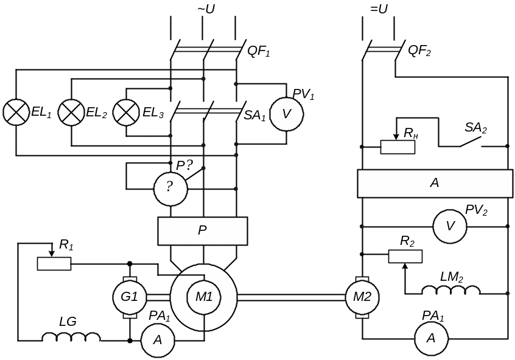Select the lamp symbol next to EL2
coord(71,112)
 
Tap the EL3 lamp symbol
coord(126,112)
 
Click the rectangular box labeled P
coord(203,231)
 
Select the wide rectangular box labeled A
coord(435,183)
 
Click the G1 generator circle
coord(130,297)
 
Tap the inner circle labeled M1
coord(203,297)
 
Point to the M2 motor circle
coord(362,297)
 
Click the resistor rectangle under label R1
coord(54,264)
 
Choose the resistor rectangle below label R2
coord(405,256)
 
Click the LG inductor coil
coord(71,337)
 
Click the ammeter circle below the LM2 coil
coord(431,337)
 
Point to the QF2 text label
coord(419,51)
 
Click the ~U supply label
coord(206,9)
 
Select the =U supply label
coord(379,9)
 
